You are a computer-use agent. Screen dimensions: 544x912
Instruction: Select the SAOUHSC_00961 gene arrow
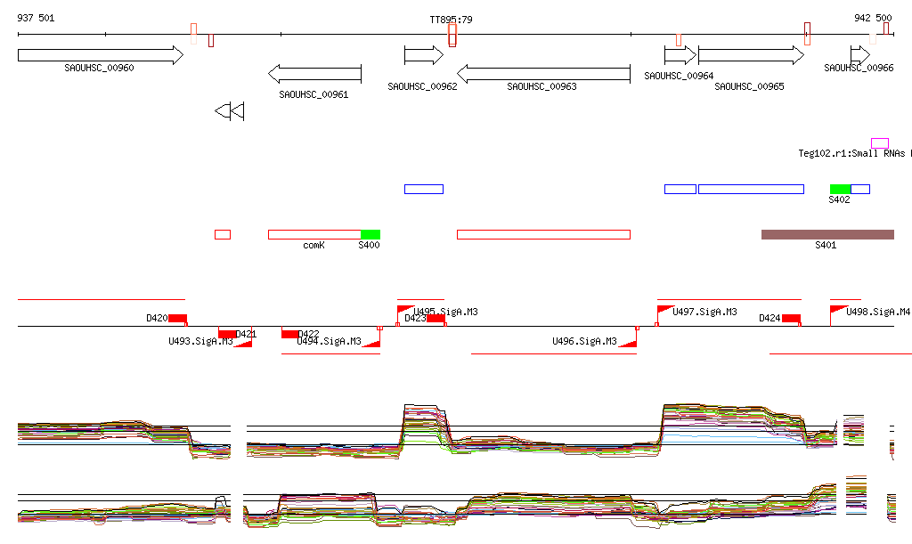coord(314,73)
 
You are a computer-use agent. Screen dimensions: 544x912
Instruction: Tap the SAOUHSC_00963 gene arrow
coord(543,73)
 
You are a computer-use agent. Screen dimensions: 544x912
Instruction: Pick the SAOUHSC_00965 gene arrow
coord(750,55)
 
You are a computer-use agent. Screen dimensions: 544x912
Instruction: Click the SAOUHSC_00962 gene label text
coord(422,86)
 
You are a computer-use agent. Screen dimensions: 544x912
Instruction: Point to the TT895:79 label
coord(451,19)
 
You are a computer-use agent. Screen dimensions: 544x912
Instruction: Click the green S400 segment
coord(370,234)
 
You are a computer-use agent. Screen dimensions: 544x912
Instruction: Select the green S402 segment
coord(840,189)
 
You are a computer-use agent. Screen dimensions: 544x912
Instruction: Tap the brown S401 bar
coord(827,234)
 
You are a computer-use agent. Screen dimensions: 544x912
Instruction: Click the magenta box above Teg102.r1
coord(880,143)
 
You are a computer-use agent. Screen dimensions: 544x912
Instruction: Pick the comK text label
coord(313,245)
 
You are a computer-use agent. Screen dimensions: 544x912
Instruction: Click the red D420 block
coord(177,318)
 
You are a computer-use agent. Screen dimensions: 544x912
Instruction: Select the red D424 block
coord(791,318)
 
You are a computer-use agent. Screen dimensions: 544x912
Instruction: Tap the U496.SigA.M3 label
coord(584,341)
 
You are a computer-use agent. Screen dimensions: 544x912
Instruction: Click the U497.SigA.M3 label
coord(704,312)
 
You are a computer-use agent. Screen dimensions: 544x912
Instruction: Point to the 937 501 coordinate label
coord(36,19)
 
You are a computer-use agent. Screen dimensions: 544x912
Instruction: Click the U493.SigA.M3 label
coord(200,341)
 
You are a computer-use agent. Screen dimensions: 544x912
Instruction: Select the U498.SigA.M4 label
coord(878,312)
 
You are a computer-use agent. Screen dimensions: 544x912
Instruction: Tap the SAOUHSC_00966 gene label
coord(859,68)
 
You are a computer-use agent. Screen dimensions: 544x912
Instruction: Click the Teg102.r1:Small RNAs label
coord(853,153)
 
